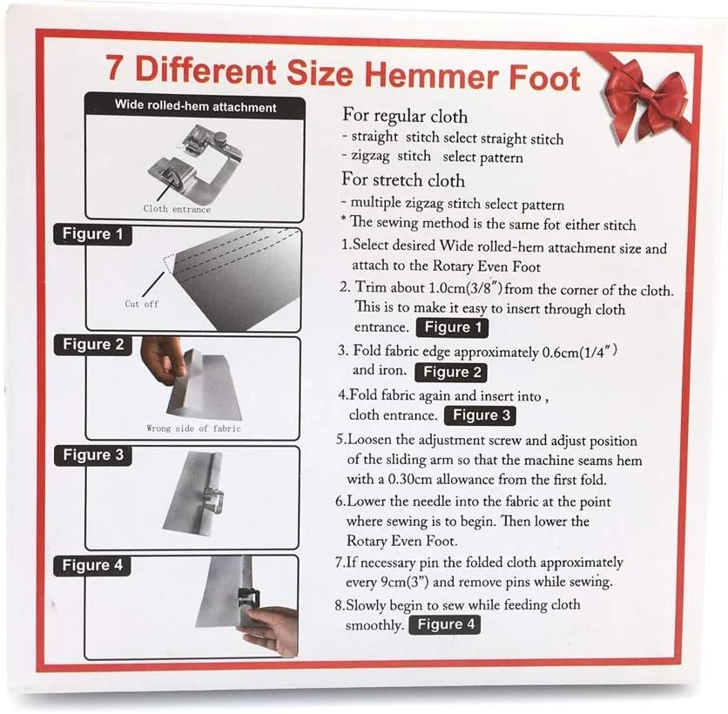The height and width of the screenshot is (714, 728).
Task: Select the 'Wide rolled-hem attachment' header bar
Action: point(195,106)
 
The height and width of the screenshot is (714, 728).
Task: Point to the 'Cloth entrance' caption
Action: point(177,209)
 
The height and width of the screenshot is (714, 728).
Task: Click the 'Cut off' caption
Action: point(142,304)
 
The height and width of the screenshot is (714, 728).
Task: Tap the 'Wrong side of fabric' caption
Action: point(193,428)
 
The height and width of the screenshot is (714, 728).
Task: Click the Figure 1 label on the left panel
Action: point(93,234)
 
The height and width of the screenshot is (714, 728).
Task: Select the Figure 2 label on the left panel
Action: point(93,345)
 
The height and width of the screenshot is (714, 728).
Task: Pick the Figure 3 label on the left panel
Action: point(93,455)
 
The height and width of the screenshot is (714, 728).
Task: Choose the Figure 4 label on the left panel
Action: point(92,565)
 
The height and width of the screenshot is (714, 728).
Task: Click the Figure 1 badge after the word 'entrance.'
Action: point(453,327)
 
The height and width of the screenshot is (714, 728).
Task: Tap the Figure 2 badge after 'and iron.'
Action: point(451,373)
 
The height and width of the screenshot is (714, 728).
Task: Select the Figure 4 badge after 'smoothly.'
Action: point(445,624)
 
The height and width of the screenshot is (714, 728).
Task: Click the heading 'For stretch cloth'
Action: point(403,179)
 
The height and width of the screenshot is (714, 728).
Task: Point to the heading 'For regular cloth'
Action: point(405,116)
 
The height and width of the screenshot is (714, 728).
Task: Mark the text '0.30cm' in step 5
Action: point(410,479)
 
